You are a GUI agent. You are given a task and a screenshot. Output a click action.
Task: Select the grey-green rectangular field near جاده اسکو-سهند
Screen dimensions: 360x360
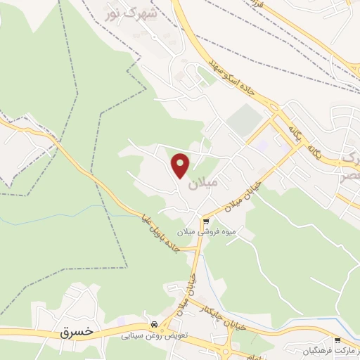pos(243,120)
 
